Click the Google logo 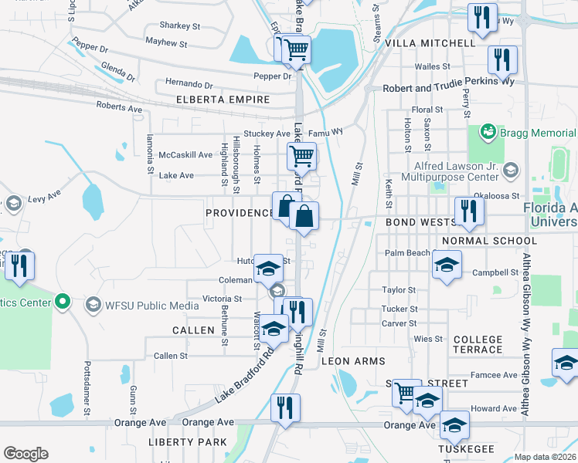coord(25,454)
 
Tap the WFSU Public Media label coord(149,304)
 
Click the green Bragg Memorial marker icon coord(487,133)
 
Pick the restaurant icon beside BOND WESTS coord(468,211)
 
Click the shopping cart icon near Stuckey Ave coord(301,157)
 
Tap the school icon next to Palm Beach coord(447,265)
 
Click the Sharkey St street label coord(179,25)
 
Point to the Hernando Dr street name coord(189,84)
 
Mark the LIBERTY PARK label coord(189,442)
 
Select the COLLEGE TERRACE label coord(478,344)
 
